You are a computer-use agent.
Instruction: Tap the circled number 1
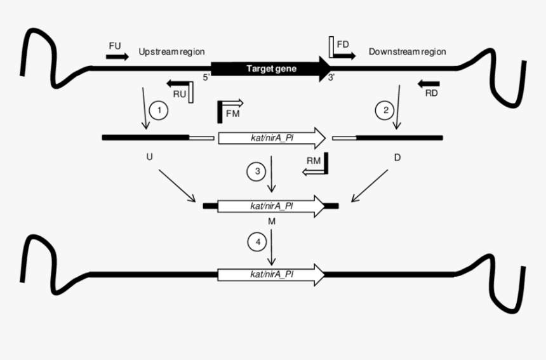tap(159, 110)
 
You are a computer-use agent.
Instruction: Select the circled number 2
tap(384, 110)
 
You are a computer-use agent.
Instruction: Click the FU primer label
tap(115, 46)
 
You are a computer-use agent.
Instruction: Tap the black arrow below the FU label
tap(117, 57)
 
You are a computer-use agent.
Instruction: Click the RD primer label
tap(430, 93)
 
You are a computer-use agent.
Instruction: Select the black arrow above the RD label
tap(429, 83)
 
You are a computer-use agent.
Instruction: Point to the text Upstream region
tap(171, 51)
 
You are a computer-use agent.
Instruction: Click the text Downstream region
tap(408, 51)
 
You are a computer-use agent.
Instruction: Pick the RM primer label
tap(314, 161)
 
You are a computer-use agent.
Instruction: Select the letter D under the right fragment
tap(397, 156)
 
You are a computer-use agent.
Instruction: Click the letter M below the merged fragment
tap(271, 222)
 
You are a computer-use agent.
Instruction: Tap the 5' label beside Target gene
tap(206, 77)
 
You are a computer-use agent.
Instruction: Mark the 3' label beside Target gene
tap(331, 77)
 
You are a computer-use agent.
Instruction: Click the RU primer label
tap(179, 94)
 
